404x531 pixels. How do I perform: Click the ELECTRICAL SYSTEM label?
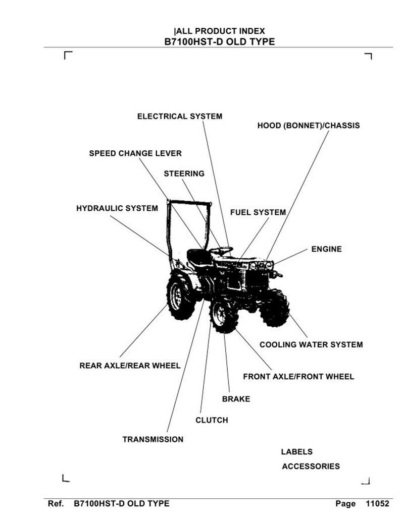(180, 116)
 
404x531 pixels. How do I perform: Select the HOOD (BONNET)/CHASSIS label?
(309, 126)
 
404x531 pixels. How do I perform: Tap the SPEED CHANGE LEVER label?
(135, 153)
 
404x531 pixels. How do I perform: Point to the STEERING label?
(184, 174)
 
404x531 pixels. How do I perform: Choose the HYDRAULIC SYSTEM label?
(117, 208)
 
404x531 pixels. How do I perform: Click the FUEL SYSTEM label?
(258, 212)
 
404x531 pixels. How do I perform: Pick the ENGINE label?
(327, 249)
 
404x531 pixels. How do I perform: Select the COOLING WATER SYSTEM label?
(312, 345)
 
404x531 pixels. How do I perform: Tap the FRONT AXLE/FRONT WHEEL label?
(298, 377)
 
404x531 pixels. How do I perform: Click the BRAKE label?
(236, 399)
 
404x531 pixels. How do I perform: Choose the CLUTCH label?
(212, 420)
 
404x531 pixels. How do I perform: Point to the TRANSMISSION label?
(153, 440)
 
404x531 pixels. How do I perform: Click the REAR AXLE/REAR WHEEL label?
(130, 366)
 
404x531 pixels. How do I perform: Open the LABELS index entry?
(297, 452)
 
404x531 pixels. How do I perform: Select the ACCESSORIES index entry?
(311, 466)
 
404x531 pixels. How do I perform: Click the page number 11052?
(378, 504)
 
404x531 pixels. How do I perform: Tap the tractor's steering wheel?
(221, 251)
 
